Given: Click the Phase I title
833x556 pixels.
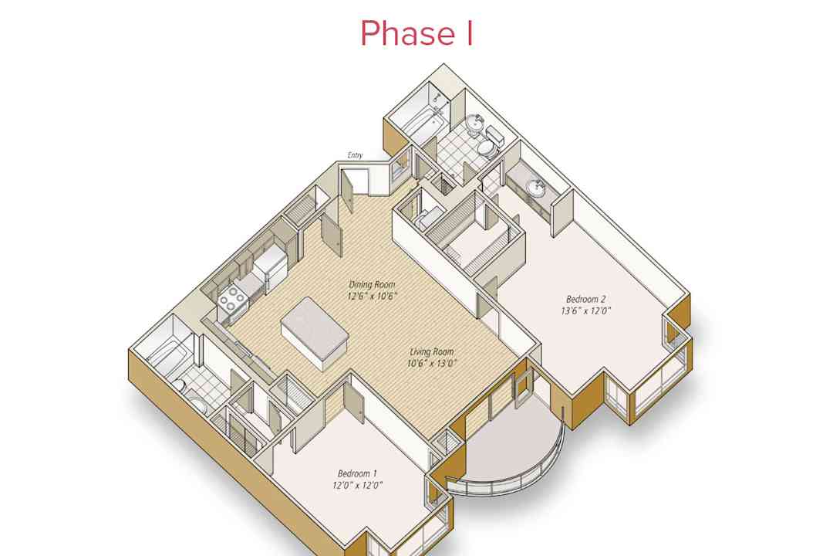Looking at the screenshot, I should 416,33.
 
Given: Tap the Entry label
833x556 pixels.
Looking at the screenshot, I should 355,156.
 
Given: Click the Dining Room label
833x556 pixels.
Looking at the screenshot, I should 373,284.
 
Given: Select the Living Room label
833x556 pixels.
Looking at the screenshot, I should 431,351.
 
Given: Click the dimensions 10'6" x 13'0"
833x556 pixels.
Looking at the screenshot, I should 433,364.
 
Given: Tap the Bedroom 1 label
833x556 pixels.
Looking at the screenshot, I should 358,473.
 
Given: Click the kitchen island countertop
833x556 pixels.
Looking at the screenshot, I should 315,330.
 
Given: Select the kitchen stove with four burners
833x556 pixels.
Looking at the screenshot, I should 232,299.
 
